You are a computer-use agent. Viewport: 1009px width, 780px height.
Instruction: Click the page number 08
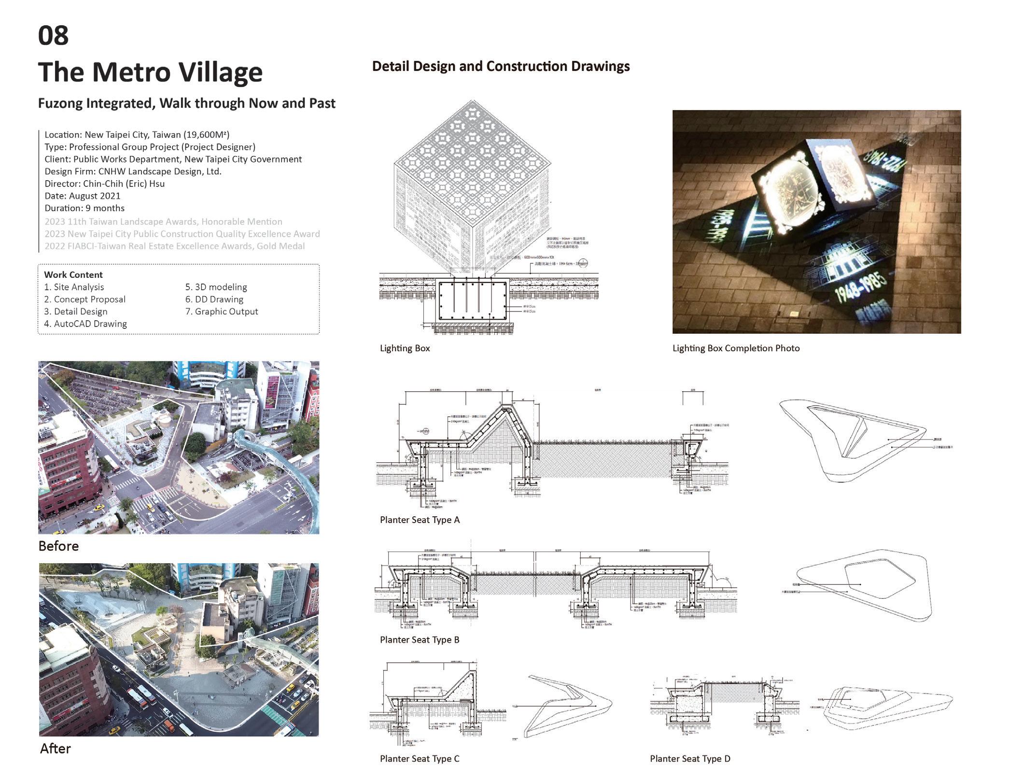53,36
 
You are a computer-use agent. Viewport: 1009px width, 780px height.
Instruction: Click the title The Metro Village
150,72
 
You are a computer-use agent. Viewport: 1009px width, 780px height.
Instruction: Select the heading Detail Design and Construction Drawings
501,67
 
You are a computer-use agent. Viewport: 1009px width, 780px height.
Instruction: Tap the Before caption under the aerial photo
58,546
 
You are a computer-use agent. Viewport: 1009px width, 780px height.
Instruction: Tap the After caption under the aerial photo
56,748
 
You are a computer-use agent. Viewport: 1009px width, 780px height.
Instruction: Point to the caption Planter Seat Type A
420,520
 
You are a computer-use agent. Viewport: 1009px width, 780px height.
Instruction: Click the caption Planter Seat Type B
420,639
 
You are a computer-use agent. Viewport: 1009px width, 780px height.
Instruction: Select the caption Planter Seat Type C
420,758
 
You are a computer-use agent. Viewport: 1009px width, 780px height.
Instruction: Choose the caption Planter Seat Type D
690,758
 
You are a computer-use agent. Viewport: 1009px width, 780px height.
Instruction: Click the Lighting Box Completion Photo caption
736,348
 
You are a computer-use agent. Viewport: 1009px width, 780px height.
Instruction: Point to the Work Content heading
73,275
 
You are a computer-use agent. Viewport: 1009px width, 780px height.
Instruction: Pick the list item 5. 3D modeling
216,287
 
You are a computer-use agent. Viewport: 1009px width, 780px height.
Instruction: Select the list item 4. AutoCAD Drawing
85,324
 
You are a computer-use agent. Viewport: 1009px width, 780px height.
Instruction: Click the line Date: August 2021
83,196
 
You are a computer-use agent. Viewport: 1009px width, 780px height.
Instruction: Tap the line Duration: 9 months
84,208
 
